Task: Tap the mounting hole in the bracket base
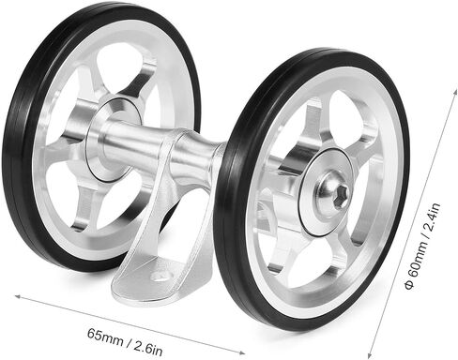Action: (x=161, y=276)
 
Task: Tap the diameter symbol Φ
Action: (x=409, y=285)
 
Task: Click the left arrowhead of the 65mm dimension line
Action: (x=18, y=296)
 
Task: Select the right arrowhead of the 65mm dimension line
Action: (x=242, y=352)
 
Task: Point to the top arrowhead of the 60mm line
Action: (x=454, y=92)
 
